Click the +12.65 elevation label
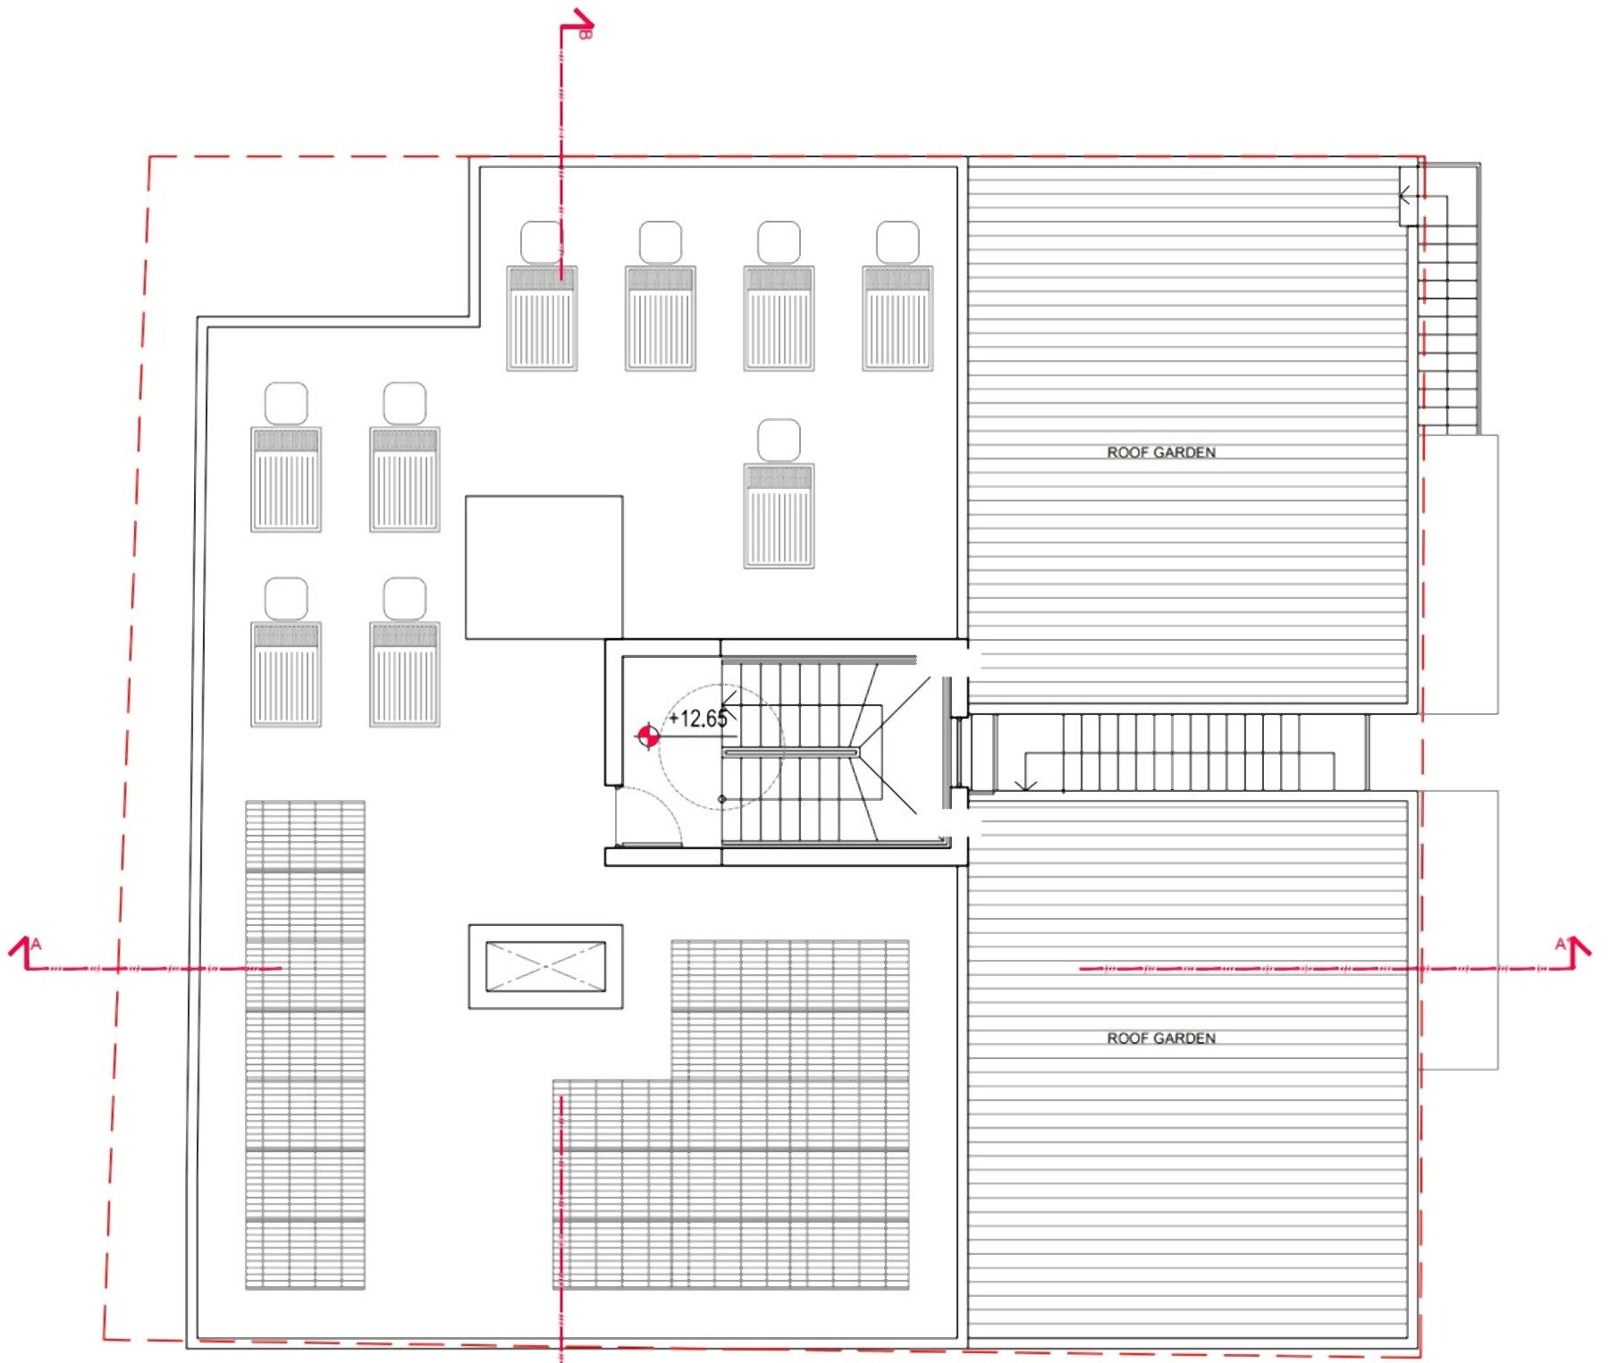(x=698, y=719)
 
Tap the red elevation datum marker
(x=648, y=736)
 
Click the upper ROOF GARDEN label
(x=1161, y=452)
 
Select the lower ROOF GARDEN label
(x=1161, y=1038)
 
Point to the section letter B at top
(x=585, y=34)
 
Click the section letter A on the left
(x=36, y=944)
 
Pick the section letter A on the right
(x=1560, y=944)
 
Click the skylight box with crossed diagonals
(x=545, y=967)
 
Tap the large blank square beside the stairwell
(x=543, y=568)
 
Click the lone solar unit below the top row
(x=779, y=493)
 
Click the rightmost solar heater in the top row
(x=897, y=296)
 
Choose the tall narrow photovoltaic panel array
(x=305, y=1045)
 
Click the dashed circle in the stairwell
(x=720, y=747)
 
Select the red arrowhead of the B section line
(x=583, y=20)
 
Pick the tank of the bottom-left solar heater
(x=286, y=599)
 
